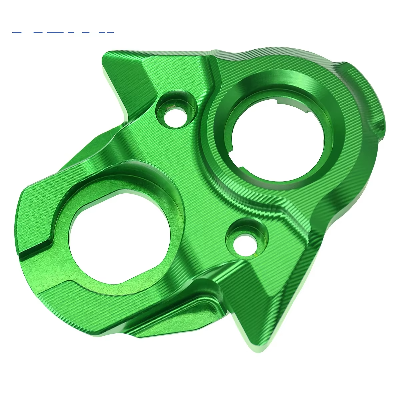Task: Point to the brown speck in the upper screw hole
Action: coord(170,108)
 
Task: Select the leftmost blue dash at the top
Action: coord(16,32)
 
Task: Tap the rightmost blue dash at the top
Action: coord(106,32)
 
